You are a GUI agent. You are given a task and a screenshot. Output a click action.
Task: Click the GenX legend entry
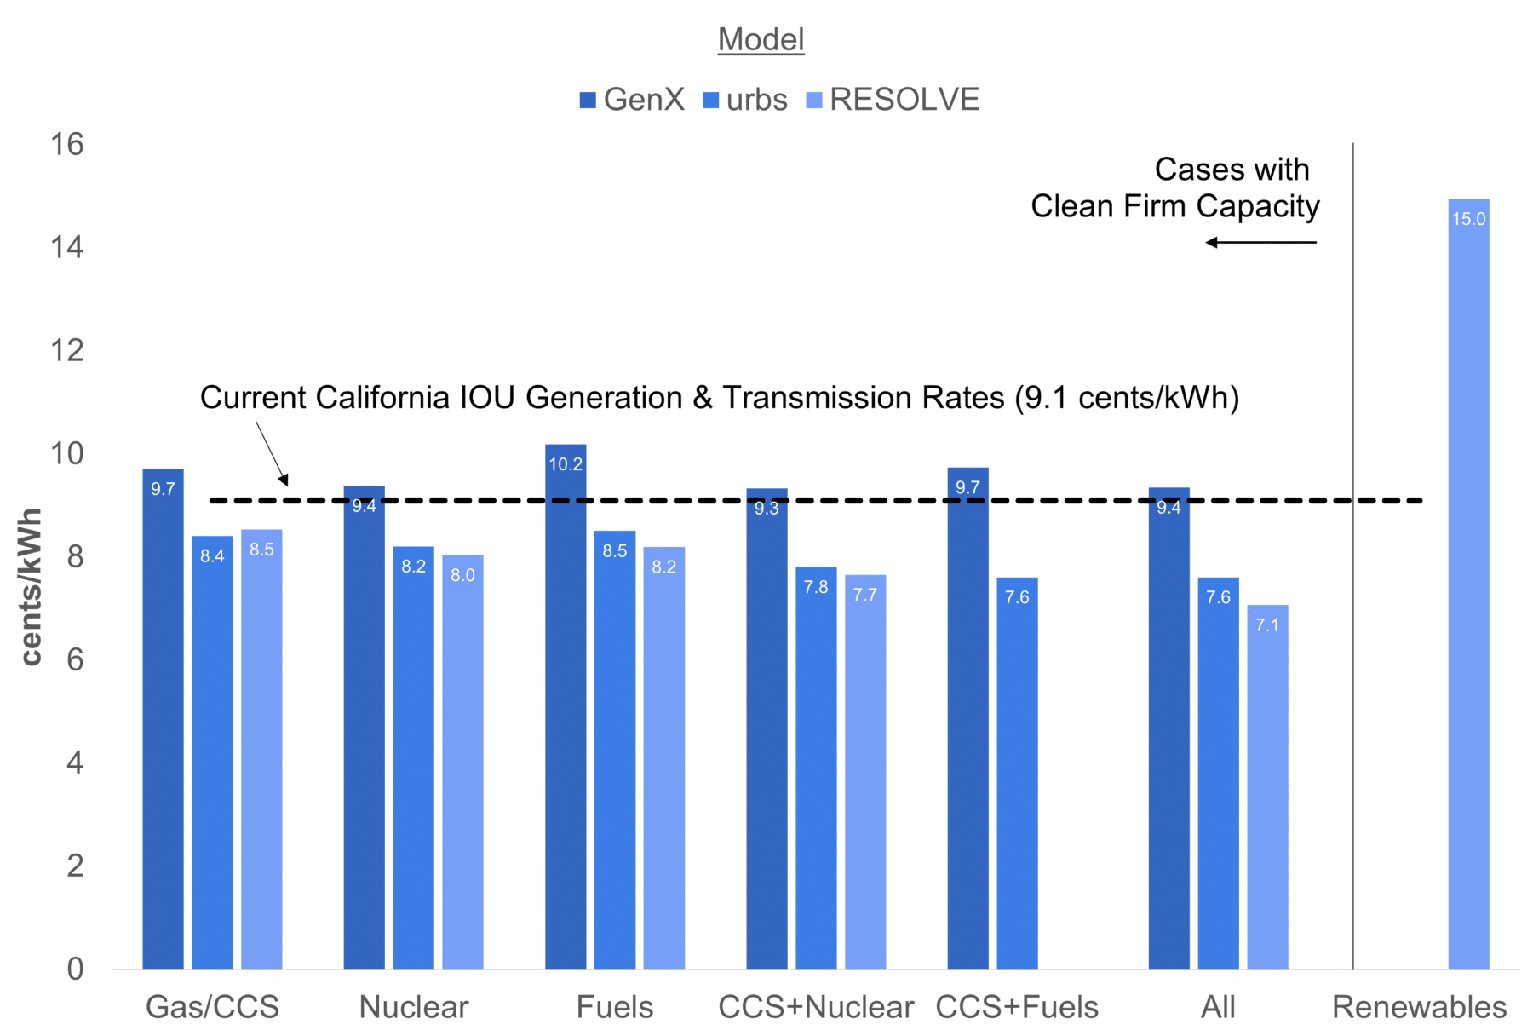(632, 100)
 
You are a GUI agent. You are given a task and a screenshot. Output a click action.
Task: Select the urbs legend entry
(745, 100)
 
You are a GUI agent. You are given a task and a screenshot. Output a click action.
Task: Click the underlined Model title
(761, 39)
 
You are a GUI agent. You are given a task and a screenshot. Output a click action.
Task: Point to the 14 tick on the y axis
(67, 247)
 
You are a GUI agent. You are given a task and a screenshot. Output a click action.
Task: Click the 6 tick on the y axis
(75, 659)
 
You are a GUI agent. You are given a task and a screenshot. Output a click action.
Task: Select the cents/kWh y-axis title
(31, 586)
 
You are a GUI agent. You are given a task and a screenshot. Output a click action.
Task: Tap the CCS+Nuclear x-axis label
(816, 1007)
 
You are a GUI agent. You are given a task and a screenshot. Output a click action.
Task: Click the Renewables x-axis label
(1419, 1007)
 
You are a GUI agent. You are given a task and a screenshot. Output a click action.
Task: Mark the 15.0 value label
(1468, 219)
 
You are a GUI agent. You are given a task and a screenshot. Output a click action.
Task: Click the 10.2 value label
(566, 464)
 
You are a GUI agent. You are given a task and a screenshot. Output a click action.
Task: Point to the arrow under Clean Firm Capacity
(1260, 243)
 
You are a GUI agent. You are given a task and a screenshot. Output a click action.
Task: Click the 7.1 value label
(1267, 625)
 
